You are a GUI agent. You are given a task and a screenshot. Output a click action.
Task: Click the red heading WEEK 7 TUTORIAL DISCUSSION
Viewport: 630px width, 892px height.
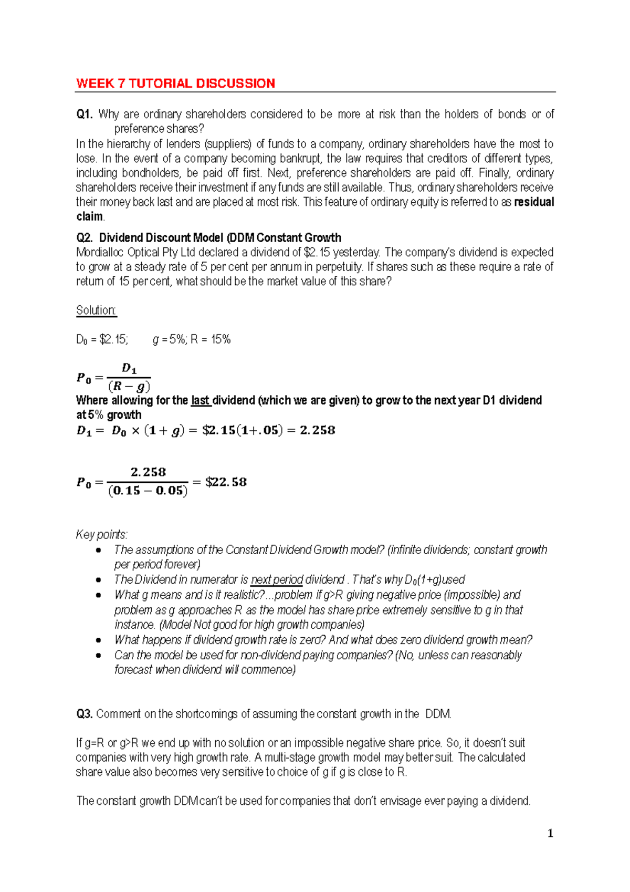pos(175,84)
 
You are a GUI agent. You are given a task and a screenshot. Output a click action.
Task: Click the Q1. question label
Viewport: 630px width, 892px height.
pos(84,115)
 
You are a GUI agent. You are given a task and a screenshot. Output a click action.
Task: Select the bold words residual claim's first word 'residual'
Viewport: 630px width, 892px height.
pos(534,202)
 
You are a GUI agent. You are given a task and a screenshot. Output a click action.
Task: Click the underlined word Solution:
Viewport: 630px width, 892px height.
pos(96,310)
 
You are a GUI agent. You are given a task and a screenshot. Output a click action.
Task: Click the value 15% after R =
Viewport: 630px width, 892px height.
pos(221,339)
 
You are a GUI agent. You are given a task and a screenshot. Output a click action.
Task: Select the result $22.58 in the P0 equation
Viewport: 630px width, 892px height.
pos(226,482)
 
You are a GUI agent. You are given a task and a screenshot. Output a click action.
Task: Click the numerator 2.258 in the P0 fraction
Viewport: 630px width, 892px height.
pos(148,472)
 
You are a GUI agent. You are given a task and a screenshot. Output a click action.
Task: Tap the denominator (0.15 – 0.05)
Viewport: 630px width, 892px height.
pos(148,491)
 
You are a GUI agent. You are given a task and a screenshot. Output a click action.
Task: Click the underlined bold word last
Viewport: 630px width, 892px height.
pos(201,400)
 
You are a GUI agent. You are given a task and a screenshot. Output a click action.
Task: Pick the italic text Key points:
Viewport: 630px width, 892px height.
pos(102,535)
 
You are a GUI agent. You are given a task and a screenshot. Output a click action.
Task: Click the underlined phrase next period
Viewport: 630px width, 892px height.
pos(277,580)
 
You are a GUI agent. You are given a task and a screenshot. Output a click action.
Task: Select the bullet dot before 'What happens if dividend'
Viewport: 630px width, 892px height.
pos(98,640)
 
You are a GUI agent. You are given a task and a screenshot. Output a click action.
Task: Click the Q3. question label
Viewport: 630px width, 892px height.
pos(84,714)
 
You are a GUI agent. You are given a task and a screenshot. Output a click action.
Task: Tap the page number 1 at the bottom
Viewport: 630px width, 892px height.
pos(550,833)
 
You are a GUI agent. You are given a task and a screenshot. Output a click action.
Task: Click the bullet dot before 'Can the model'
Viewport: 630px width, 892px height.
pos(98,655)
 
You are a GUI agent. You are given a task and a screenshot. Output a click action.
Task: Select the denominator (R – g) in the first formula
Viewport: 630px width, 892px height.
pos(129,387)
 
